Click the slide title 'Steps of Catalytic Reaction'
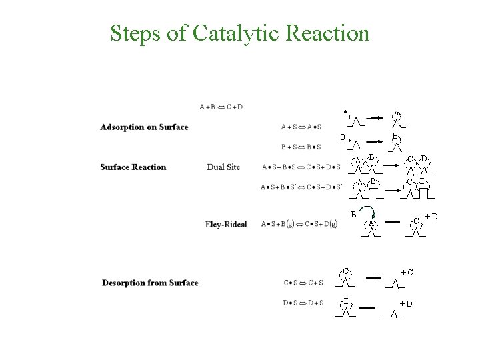239,33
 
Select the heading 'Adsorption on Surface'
144,127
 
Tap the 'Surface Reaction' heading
133,167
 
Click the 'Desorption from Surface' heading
150,283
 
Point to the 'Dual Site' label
223,167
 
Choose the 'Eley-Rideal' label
225,224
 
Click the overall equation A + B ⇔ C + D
221,107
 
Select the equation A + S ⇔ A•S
301,127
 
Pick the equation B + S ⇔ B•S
301,147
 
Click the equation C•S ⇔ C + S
303,283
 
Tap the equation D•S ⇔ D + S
303,303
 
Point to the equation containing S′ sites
301,187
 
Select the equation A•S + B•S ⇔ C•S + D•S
301,167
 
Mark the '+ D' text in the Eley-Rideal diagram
431,216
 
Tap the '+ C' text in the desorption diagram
406,272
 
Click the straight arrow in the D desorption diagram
370,308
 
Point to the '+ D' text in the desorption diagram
405,304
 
